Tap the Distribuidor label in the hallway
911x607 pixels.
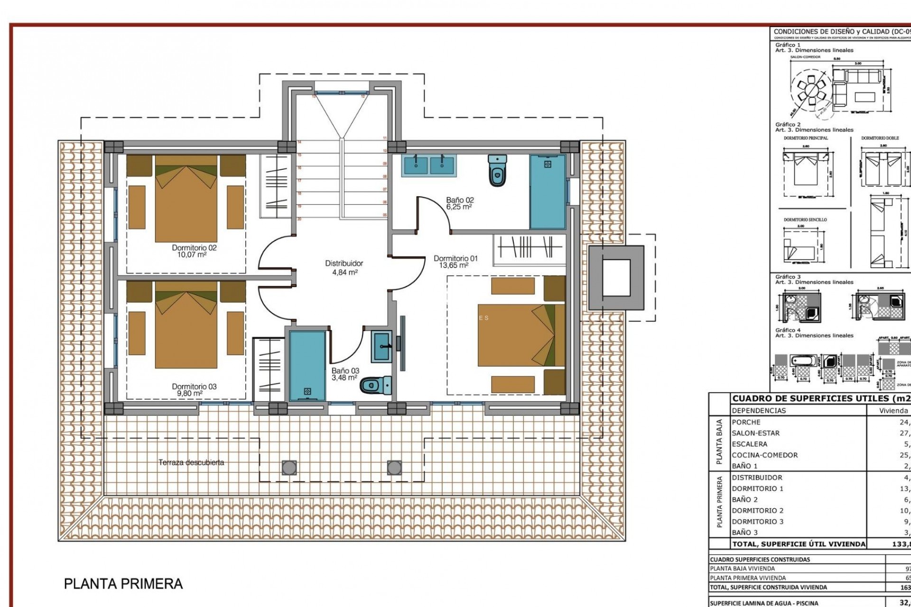click(x=344, y=263)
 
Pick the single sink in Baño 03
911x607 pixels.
click(x=381, y=347)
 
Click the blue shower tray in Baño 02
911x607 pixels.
click(x=548, y=192)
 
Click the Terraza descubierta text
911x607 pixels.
click(x=191, y=462)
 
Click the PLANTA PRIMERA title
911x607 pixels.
click(x=123, y=583)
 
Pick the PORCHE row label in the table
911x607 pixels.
click(x=746, y=422)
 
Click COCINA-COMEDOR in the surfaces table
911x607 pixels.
click(x=764, y=455)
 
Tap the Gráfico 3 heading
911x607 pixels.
click(x=788, y=276)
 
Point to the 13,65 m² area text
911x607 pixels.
click(x=454, y=266)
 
